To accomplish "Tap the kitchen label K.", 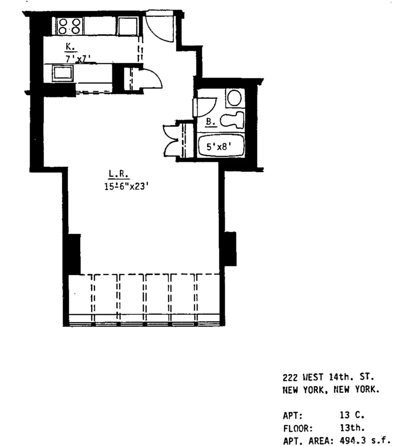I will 69,47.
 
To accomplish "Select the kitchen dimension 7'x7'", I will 78,58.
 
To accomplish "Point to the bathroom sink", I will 235,98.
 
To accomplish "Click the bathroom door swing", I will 206,107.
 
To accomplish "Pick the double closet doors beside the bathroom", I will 171,141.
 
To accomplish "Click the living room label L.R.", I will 118,174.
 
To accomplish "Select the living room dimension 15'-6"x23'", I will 127,186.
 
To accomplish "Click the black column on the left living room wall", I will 74,253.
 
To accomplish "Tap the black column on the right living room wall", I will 229,248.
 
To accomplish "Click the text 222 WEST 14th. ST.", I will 328,377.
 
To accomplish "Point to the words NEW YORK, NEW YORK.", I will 331,390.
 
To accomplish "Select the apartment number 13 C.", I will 351,415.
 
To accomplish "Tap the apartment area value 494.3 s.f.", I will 364,440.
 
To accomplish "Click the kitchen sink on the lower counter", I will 63,73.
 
